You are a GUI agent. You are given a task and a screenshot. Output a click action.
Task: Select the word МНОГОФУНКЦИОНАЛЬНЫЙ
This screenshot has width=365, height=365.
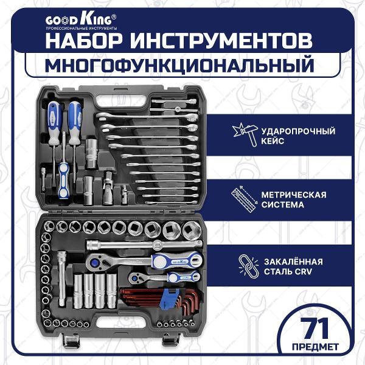[x=182, y=64]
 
